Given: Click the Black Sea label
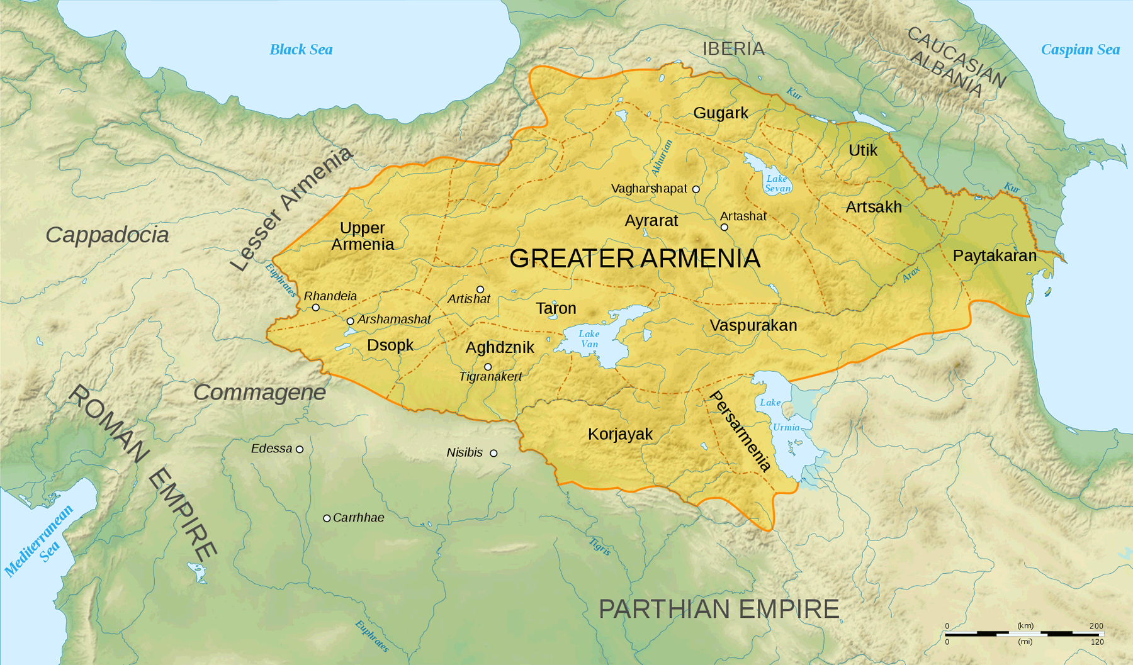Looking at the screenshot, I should click(x=301, y=49).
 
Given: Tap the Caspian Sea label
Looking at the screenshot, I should click(x=1079, y=49).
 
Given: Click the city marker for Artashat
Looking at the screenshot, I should click(x=724, y=227).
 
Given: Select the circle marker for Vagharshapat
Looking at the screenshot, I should click(x=696, y=189).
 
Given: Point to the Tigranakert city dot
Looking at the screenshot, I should click(x=488, y=367).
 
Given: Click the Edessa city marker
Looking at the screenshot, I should click(x=300, y=449).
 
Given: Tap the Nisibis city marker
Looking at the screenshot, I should click(x=493, y=453).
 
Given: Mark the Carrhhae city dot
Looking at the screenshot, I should click(x=327, y=518).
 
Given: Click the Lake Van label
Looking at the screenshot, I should click(x=589, y=338).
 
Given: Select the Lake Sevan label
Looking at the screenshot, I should click(x=777, y=183).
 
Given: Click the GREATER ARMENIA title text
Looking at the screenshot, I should click(x=634, y=259).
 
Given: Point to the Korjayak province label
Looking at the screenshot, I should click(x=620, y=434).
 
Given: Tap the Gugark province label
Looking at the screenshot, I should click(x=721, y=113).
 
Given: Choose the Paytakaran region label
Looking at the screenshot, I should click(x=995, y=255).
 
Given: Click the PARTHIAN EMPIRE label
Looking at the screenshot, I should click(x=719, y=609).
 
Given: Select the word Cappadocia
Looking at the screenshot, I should click(x=107, y=235).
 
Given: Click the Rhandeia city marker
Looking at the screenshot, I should click(x=316, y=308).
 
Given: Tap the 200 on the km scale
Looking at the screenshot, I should click(x=1096, y=626).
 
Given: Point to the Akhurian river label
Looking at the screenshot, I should click(x=662, y=158).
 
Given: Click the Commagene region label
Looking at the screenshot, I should click(x=259, y=392).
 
